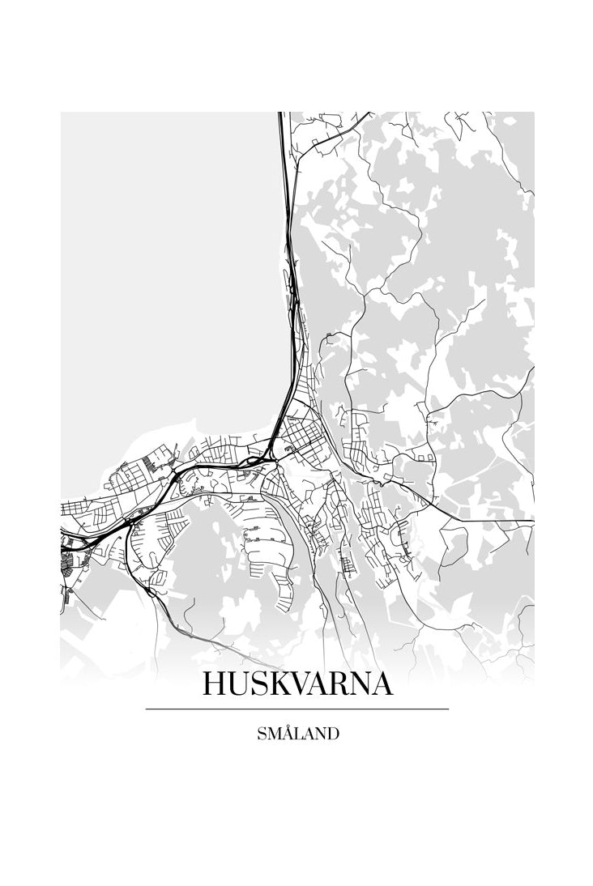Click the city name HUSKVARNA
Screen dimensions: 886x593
[297, 684]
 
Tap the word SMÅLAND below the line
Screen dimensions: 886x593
[297, 735]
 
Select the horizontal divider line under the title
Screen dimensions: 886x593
[297, 709]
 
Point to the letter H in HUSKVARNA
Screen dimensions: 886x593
[215, 684]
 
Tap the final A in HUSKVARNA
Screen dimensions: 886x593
[382, 684]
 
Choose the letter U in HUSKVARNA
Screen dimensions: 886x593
[240, 684]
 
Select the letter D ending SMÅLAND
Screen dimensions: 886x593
[332, 735]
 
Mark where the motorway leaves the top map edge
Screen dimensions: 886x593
[281, 115]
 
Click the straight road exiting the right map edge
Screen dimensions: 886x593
[518, 520]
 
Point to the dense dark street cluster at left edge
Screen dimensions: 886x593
[66, 559]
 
